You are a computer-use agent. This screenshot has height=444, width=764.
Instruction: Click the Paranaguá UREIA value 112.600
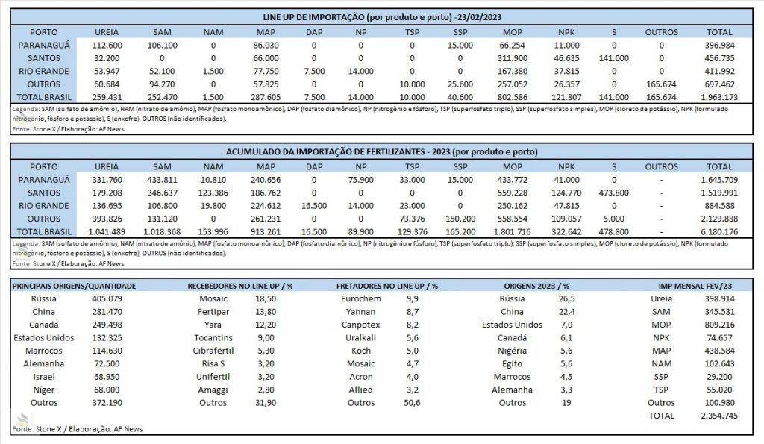pos(107,46)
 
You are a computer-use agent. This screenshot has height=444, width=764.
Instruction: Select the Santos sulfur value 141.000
pos(613,58)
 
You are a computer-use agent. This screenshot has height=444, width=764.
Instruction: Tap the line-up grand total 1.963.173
pos(719,98)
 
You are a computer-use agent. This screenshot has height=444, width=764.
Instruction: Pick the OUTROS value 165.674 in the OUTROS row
pos(661,84)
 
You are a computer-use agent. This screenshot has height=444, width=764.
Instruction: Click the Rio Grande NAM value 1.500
pos(213,71)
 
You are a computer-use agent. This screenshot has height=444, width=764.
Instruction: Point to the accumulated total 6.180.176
pos(719,232)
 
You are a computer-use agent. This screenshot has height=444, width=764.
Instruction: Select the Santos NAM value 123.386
pos(213,193)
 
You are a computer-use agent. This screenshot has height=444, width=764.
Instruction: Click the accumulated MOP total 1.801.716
pos(512,232)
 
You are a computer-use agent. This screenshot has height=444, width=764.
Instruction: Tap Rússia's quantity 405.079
pos(107,298)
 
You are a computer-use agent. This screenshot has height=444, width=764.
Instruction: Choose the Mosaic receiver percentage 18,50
pos(266,298)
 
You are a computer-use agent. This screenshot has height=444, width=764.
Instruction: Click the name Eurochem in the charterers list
pos(361,298)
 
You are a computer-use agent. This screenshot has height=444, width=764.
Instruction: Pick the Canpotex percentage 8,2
pos(412,325)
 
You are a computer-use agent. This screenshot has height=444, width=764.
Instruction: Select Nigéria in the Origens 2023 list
pos(512,351)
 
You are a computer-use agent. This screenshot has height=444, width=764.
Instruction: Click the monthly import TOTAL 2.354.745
pos(719,416)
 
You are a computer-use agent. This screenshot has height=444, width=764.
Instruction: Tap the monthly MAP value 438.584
pos(719,351)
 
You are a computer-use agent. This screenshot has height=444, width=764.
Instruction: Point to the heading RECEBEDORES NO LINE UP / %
pos(239,286)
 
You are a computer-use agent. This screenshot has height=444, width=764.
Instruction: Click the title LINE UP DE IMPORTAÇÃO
pos(314,18)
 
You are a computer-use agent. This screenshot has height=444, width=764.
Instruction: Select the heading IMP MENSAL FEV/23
pos(695,286)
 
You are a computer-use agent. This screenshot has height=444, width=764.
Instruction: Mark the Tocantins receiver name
pos(213,338)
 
